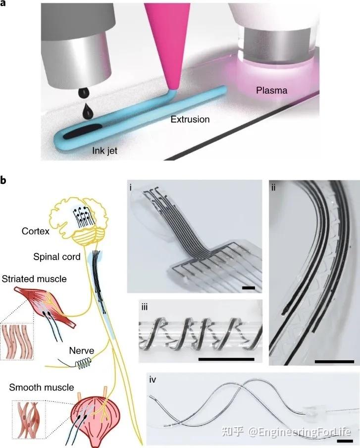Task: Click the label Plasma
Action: click(x=272, y=90)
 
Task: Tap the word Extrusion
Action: click(x=190, y=119)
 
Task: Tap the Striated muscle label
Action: click(x=34, y=280)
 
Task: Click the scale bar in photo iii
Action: click(x=226, y=358)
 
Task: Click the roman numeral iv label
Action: click(x=153, y=380)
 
